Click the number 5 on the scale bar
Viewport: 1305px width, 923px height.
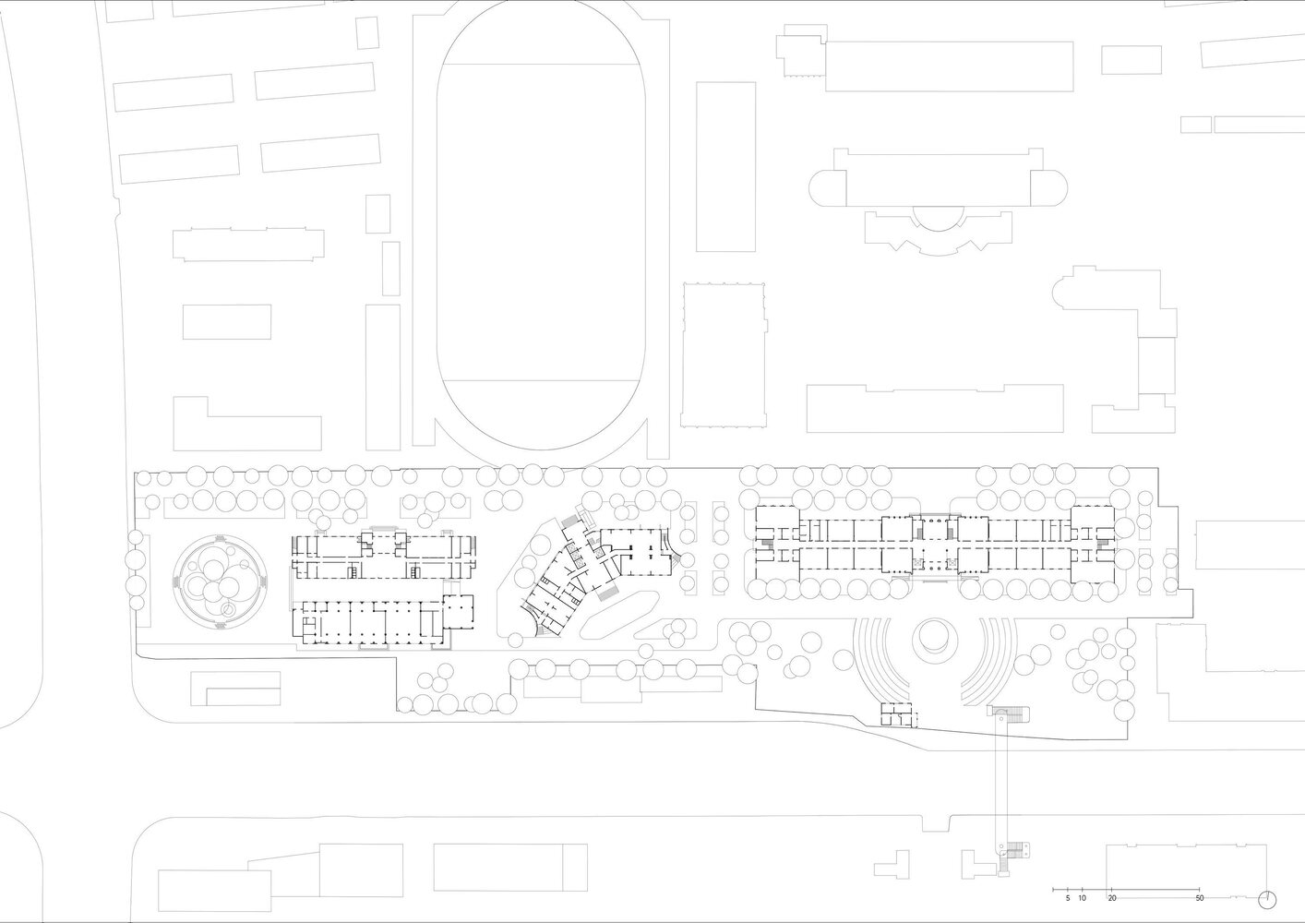tap(1068, 915)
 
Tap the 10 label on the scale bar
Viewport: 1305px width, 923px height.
tap(1082, 915)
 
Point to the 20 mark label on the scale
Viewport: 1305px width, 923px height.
tap(1112, 915)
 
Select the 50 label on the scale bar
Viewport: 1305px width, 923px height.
tap(1200, 915)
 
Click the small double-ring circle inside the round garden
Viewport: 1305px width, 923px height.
tap(229, 610)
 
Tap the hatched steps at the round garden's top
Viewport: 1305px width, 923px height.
tap(221, 537)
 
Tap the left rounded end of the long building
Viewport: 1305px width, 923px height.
tap(827, 187)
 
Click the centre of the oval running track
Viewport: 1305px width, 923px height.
tap(541, 224)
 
